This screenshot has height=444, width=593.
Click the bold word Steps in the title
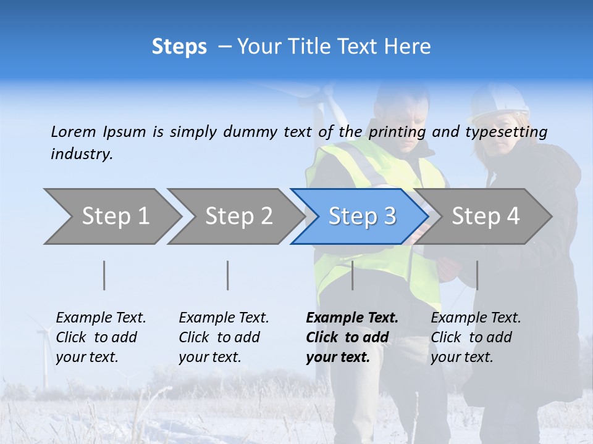click(x=179, y=47)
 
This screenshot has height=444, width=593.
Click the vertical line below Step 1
click(x=104, y=275)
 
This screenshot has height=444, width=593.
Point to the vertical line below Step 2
click(x=228, y=275)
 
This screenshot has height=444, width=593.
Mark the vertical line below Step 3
click(x=352, y=275)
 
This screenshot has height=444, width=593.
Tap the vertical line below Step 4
click(x=477, y=275)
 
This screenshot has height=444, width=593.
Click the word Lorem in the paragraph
click(x=74, y=131)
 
